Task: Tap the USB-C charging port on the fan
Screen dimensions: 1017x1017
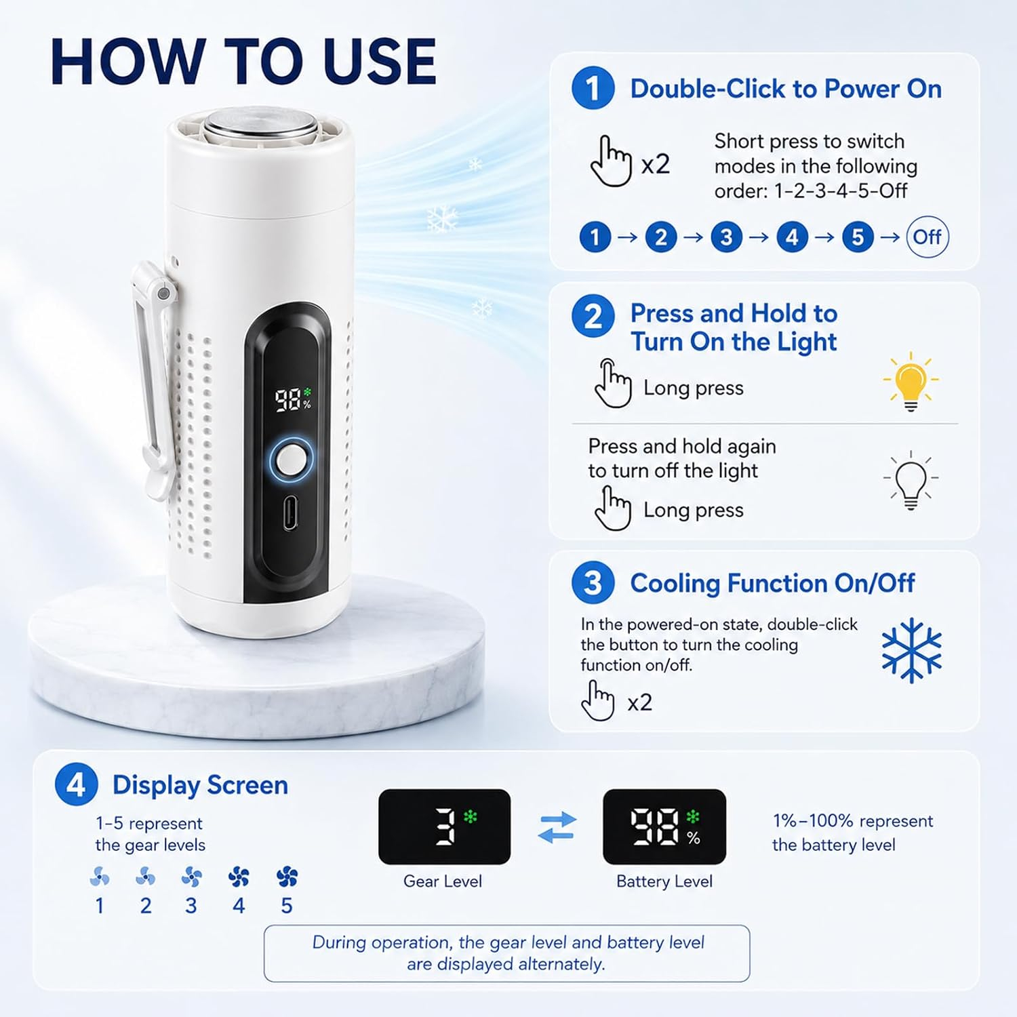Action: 290,513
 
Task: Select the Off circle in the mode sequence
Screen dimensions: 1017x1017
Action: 928,237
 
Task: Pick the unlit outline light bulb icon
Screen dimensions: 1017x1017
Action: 911,480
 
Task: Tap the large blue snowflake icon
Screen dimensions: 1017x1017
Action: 911,649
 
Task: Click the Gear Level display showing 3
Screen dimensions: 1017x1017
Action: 444,826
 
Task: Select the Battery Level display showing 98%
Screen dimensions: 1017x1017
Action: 664,826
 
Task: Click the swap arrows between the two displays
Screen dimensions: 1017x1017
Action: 557,827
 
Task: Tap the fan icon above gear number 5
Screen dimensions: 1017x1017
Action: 287,877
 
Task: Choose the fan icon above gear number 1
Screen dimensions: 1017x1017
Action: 100,877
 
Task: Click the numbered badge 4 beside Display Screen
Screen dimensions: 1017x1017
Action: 77,784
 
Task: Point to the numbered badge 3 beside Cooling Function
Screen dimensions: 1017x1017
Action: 593,582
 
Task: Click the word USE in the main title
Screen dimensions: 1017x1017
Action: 380,62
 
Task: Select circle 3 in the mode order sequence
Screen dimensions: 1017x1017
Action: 726,237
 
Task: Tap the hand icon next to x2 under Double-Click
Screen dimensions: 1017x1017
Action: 611,161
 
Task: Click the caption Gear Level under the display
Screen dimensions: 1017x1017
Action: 443,881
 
